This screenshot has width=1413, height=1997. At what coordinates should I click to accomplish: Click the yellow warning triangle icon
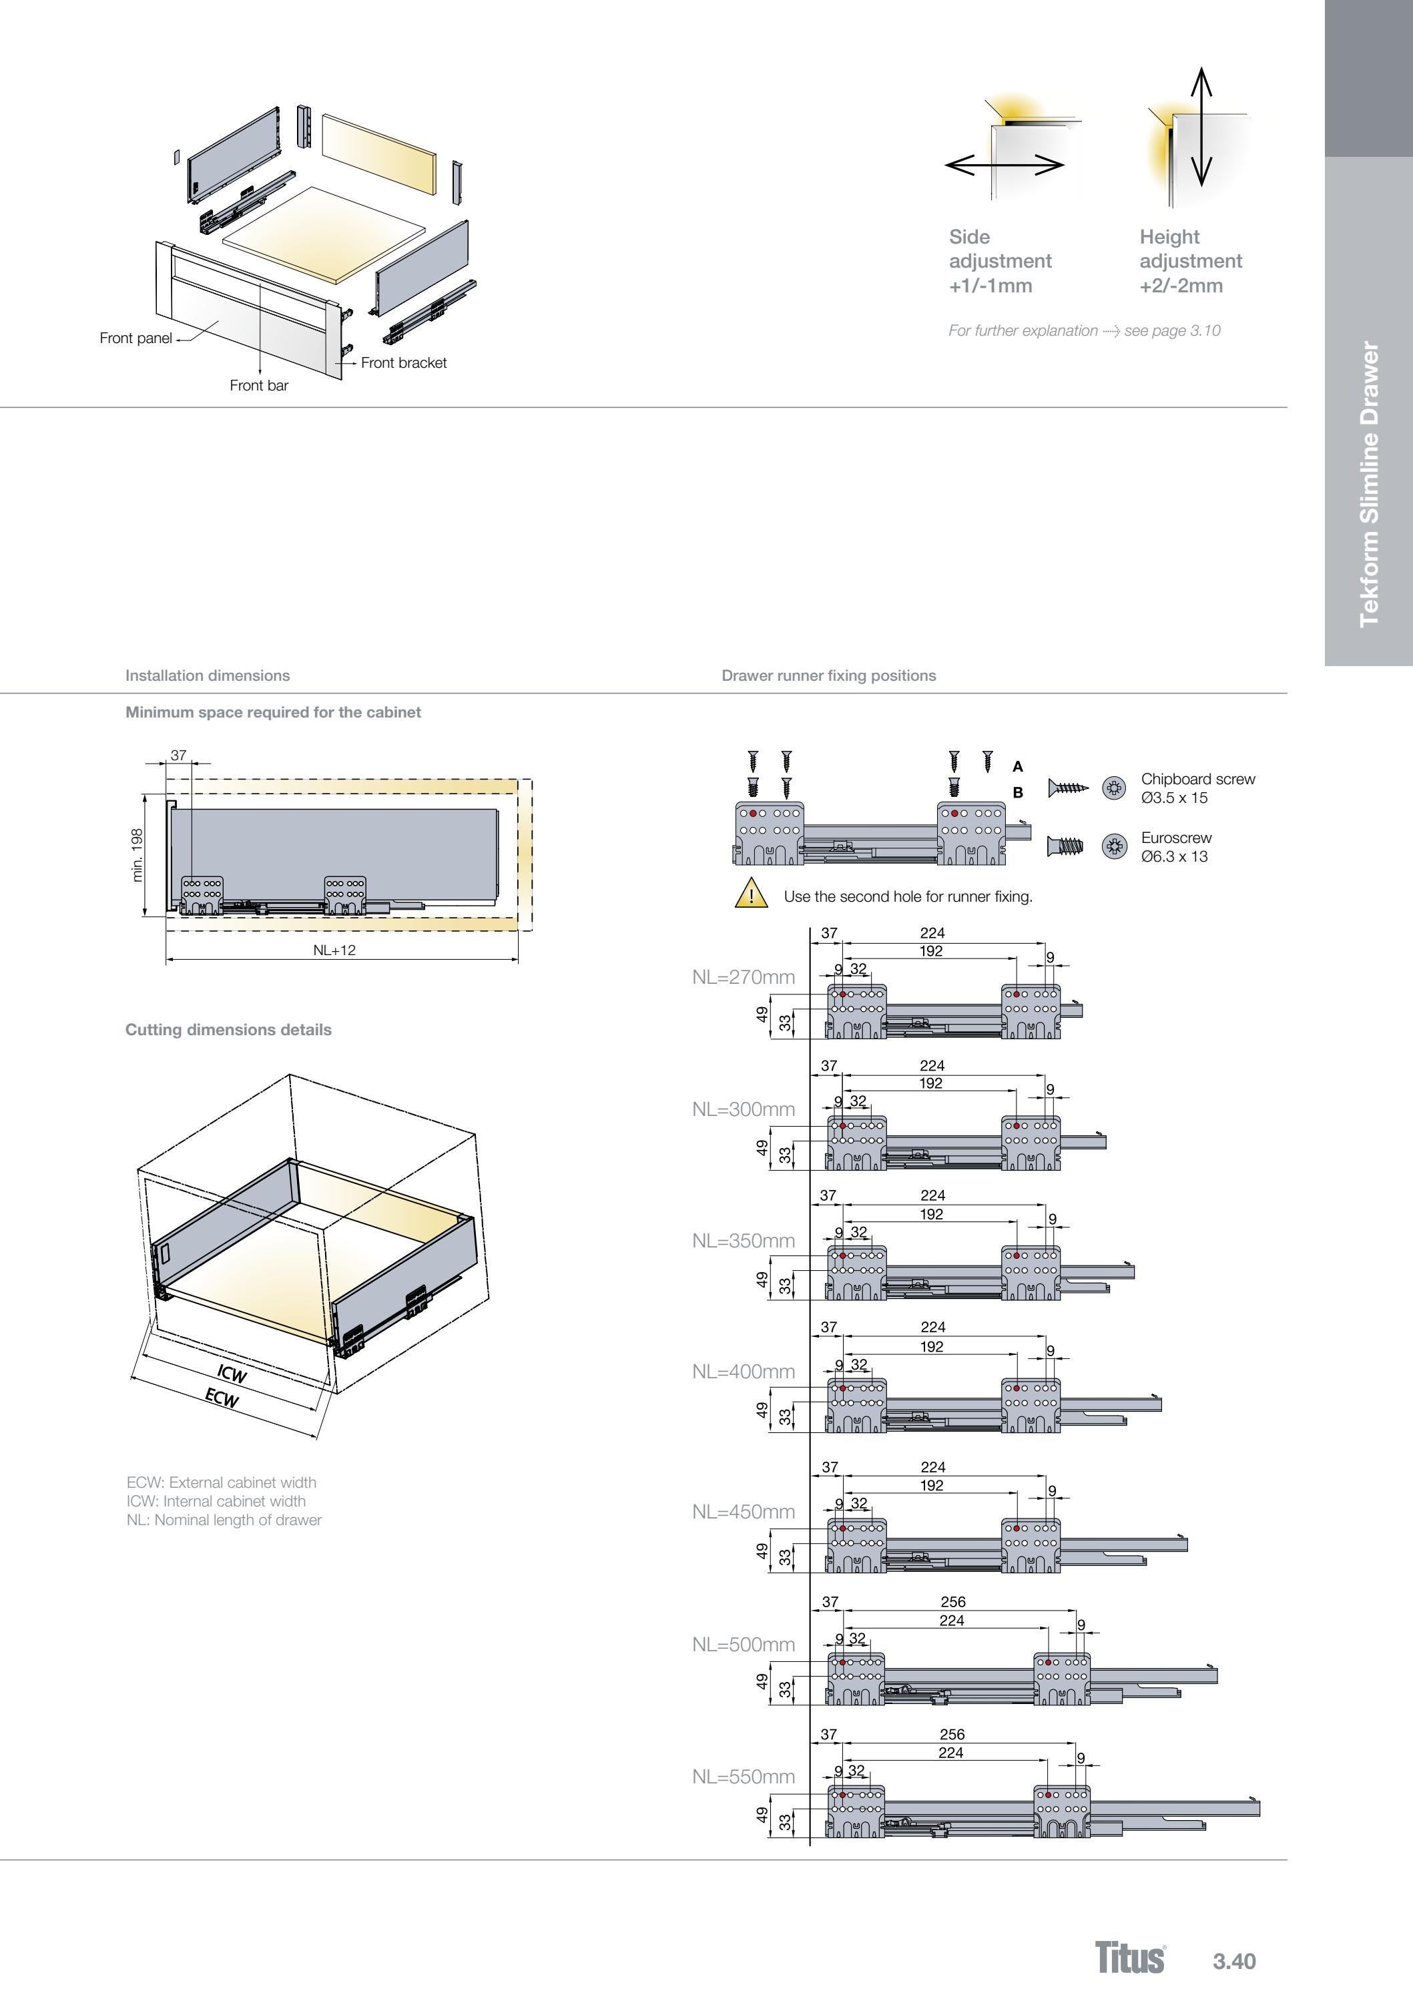[751, 894]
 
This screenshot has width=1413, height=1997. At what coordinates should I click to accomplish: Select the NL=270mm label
[743, 977]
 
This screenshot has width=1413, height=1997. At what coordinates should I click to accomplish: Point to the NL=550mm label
[743, 1777]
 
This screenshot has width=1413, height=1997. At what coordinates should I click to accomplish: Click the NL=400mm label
[743, 1372]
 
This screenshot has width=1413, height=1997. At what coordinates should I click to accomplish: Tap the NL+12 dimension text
[334, 950]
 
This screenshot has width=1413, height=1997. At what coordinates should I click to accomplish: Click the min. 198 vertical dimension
[137, 856]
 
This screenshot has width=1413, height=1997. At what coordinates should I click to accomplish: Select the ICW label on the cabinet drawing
[232, 1374]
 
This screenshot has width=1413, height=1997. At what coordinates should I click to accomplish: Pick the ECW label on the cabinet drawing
[222, 1398]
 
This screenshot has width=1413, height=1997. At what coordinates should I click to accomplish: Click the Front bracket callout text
[404, 363]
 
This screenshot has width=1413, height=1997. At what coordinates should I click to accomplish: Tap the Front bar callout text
[258, 386]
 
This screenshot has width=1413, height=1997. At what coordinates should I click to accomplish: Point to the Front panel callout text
[135, 338]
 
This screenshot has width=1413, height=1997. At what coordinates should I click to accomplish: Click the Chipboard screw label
[1197, 780]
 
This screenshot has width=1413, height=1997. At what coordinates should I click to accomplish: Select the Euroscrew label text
[1175, 838]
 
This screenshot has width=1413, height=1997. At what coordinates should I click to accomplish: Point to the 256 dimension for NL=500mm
[952, 1602]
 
